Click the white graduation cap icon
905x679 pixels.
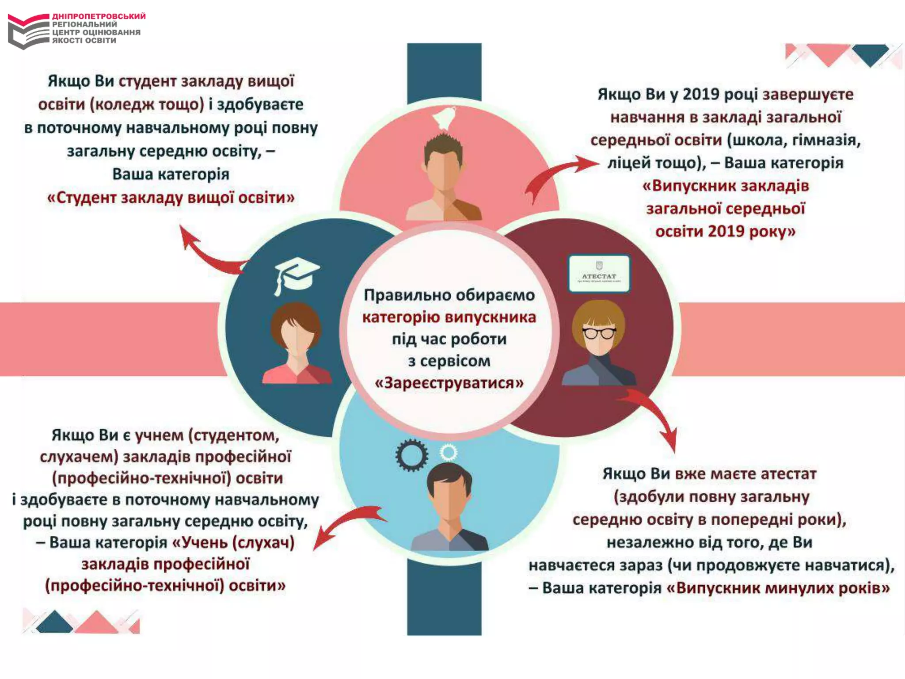tap(296, 274)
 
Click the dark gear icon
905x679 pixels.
tap(411, 455)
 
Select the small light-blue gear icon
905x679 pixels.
tap(448, 452)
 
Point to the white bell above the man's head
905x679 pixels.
tap(444, 118)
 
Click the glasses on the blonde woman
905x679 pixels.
tap(599, 332)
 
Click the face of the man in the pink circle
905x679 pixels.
tap(443, 168)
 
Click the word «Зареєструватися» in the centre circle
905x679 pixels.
tap(449, 383)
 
